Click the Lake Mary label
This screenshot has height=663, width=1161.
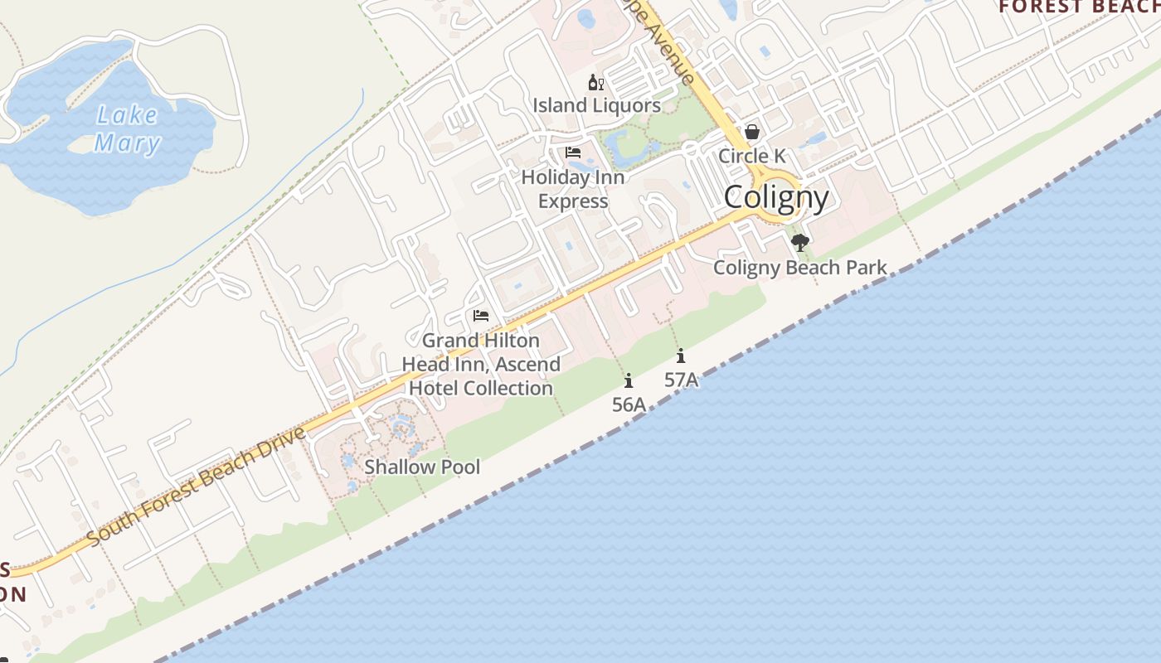(127, 129)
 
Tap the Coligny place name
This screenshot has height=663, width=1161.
(776, 197)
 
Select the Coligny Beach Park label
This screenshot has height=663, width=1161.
(800, 268)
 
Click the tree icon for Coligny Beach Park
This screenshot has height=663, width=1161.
(800, 243)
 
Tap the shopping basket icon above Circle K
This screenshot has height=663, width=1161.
(751, 132)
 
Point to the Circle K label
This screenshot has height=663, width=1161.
(751, 156)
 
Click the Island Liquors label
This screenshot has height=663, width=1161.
(596, 105)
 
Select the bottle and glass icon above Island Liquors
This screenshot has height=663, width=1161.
(596, 82)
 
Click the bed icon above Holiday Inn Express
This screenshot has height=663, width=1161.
(573, 152)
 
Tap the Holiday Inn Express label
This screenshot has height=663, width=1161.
(573, 189)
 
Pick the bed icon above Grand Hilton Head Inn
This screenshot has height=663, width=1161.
(481, 316)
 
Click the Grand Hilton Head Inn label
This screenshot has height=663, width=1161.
(481, 364)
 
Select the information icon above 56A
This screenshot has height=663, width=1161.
(629, 381)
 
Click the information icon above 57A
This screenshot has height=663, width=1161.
(681, 356)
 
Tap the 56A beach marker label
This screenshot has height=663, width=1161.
(629, 404)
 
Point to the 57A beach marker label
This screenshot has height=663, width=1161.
(681, 380)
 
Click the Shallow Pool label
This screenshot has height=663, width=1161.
(422, 467)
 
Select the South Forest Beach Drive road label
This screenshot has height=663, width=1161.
(196, 486)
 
